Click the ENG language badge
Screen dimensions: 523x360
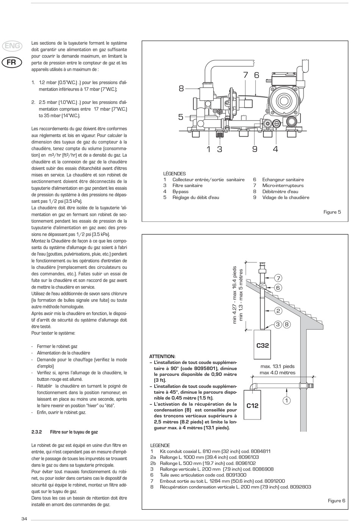(x=12, y=46)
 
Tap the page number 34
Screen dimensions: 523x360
(x=24, y=519)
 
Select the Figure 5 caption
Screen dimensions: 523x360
(x=332, y=212)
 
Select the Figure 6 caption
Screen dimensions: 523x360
(x=337, y=501)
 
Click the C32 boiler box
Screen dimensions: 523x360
(x=262, y=345)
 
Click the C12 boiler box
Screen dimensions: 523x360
(x=252, y=405)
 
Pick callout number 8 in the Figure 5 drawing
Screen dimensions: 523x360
(x=181, y=89)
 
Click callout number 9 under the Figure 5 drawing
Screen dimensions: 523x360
(x=255, y=149)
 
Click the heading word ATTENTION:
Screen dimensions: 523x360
(x=162, y=357)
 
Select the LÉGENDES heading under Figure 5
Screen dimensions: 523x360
(x=174, y=174)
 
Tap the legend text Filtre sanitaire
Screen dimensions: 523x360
(x=187, y=185)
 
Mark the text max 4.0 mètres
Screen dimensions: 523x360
(x=277, y=372)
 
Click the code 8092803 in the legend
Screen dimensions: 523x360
(x=298, y=487)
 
